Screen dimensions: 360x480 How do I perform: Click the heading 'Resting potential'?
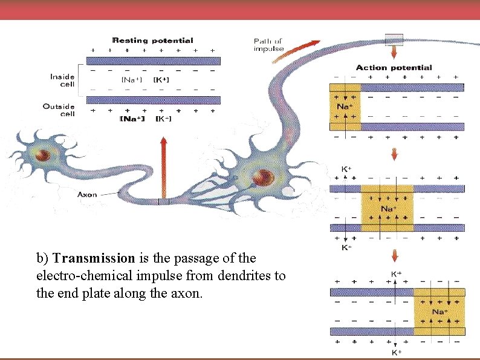coord(153,41)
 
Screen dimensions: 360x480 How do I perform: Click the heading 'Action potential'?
coord(394,68)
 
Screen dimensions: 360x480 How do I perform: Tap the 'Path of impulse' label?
coord(268,45)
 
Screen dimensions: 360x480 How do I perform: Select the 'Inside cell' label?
coord(63,80)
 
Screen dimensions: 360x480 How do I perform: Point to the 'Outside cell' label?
coord(59,110)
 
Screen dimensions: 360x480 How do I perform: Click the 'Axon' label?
coord(87,195)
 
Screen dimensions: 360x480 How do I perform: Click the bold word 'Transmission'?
coord(94,258)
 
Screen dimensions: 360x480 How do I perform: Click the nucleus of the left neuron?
coord(42,155)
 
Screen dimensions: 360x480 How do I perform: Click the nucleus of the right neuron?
coord(262,177)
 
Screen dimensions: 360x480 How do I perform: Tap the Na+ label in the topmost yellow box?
coord(345,106)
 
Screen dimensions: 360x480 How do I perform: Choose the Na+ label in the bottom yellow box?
coord(440,312)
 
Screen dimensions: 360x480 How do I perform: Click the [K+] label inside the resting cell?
coord(161,80)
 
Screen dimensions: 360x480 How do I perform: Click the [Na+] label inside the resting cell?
coord(132,80)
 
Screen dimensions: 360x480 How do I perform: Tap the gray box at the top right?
coord(394,39)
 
